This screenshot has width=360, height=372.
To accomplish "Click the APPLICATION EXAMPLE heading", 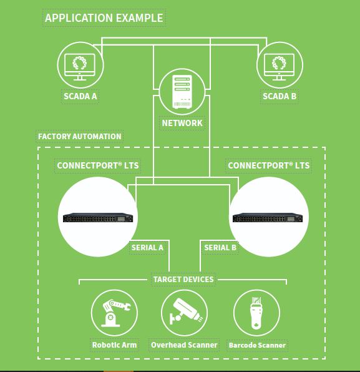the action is point(104,18).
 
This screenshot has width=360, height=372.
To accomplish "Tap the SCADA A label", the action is point(80,96).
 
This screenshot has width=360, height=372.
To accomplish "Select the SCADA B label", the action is point(280,96).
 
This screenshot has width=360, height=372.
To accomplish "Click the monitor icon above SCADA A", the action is point(80,67).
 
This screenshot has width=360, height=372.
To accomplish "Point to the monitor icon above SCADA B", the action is point(279,67).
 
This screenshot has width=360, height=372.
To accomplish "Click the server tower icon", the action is point(182,92).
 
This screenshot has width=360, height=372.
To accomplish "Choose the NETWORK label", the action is point(182,123).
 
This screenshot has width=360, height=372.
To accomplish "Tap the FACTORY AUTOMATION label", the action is point(80,137).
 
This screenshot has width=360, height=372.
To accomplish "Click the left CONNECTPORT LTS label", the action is point(98,165).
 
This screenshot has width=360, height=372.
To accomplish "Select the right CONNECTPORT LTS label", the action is point(269,165).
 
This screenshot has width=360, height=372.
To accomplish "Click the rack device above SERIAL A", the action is point(98,218).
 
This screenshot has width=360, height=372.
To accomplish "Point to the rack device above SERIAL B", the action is point(268,218).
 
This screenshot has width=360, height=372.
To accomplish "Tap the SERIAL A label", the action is point(147,248).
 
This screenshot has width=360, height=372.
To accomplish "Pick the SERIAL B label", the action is point(220,248).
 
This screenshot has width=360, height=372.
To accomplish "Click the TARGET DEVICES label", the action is point(183,280).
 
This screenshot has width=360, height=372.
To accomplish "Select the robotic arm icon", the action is point(115,313).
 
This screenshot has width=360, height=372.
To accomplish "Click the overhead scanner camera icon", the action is point(185,311).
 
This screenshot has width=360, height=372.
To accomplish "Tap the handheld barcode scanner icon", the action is point(256,313).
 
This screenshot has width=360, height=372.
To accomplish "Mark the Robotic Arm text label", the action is point(114,345).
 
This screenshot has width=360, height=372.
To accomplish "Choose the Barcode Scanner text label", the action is point(257,345).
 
